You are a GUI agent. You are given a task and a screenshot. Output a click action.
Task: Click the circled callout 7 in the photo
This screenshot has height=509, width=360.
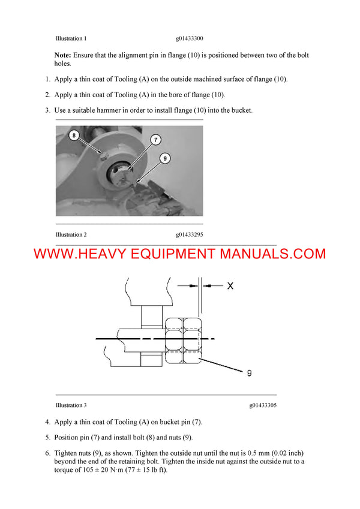pos(155,140)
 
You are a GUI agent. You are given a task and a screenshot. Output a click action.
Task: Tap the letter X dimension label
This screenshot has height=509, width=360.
pos(230,286)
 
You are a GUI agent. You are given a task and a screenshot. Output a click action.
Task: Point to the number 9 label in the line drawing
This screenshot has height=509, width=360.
pos(248,373)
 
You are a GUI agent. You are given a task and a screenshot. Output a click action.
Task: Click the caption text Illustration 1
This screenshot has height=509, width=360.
pos(71,38)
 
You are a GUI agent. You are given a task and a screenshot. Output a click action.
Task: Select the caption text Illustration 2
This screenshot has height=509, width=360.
pos(71,234)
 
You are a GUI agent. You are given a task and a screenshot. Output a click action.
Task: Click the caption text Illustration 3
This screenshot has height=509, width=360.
pos(71,405)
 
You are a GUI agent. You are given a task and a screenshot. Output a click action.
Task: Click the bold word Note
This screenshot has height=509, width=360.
pos(62,55)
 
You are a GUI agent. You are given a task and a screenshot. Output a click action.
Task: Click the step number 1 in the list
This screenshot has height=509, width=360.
pos(47,79)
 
